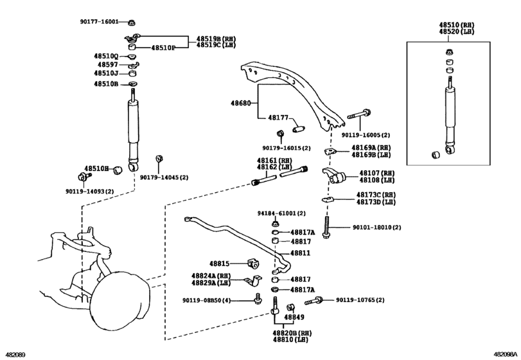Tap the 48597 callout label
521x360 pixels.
pyautogui.click(x=107, y=64)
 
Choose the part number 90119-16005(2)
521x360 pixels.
pyautogui.click(x=366, y=136)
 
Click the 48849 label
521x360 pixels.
pyautogui.click(x=294, y=316)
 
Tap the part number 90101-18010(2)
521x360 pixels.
pyautogui.click(x=376, y=228)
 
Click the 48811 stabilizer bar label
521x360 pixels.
pyautogui.click(x=300, y=253)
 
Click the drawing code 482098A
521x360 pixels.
pyautogui.click(x=505, y=354)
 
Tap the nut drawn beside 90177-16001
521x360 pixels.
pyautogui.click(x=131, y=22)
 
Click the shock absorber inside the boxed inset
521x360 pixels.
pyautogui.click(x=450, y=113)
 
